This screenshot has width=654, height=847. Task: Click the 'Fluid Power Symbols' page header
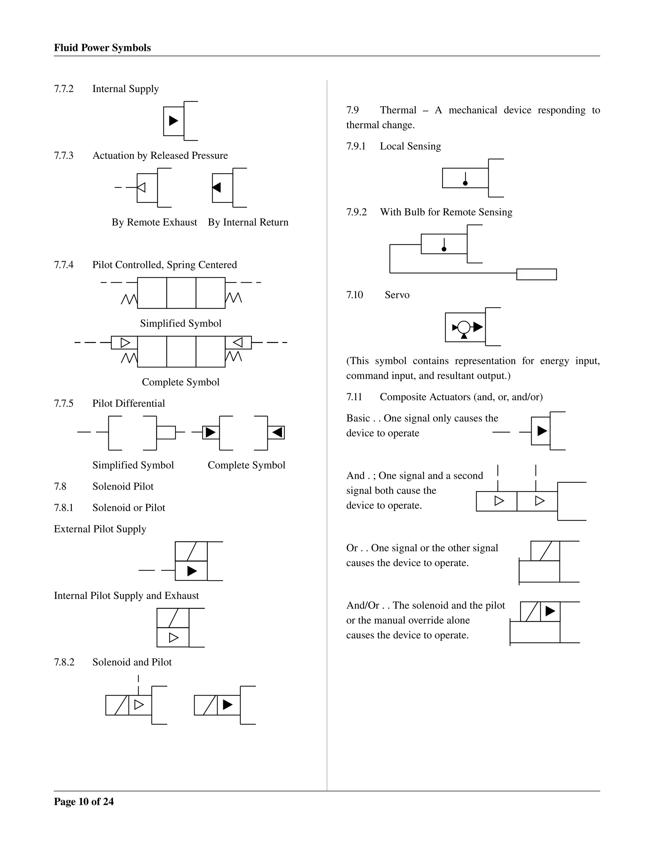point(102,48)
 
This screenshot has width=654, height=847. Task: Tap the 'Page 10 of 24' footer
point(84,801)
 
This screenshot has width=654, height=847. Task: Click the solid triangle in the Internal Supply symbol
point(174,120)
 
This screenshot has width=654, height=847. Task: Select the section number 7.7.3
point(64,156)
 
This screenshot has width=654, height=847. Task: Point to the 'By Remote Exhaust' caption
point(154,222)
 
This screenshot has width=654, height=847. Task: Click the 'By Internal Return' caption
point(248,222)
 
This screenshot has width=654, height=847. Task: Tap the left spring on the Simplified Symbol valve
point(129,299)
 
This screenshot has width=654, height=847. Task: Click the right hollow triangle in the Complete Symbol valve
point(238,342)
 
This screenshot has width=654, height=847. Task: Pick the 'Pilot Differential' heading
point(128,403)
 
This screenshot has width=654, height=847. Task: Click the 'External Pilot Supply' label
point(100,529)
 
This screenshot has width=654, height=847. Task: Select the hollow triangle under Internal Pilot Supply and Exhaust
point(174,637)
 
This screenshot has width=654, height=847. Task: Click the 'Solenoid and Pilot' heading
point(132,662)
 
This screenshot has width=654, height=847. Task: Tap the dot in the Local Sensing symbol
point(465,183)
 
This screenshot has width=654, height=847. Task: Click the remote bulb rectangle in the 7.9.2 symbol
point(536,274)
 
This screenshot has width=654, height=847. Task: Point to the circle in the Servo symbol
point(464,327)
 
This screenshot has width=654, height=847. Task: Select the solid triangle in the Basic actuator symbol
point(542,431)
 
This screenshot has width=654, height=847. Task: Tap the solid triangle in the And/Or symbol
point(550,611)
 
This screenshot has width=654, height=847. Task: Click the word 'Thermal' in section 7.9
point(398,110)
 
